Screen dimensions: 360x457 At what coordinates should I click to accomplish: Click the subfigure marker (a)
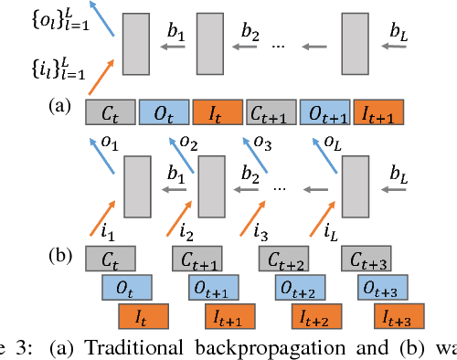[62, 106]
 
